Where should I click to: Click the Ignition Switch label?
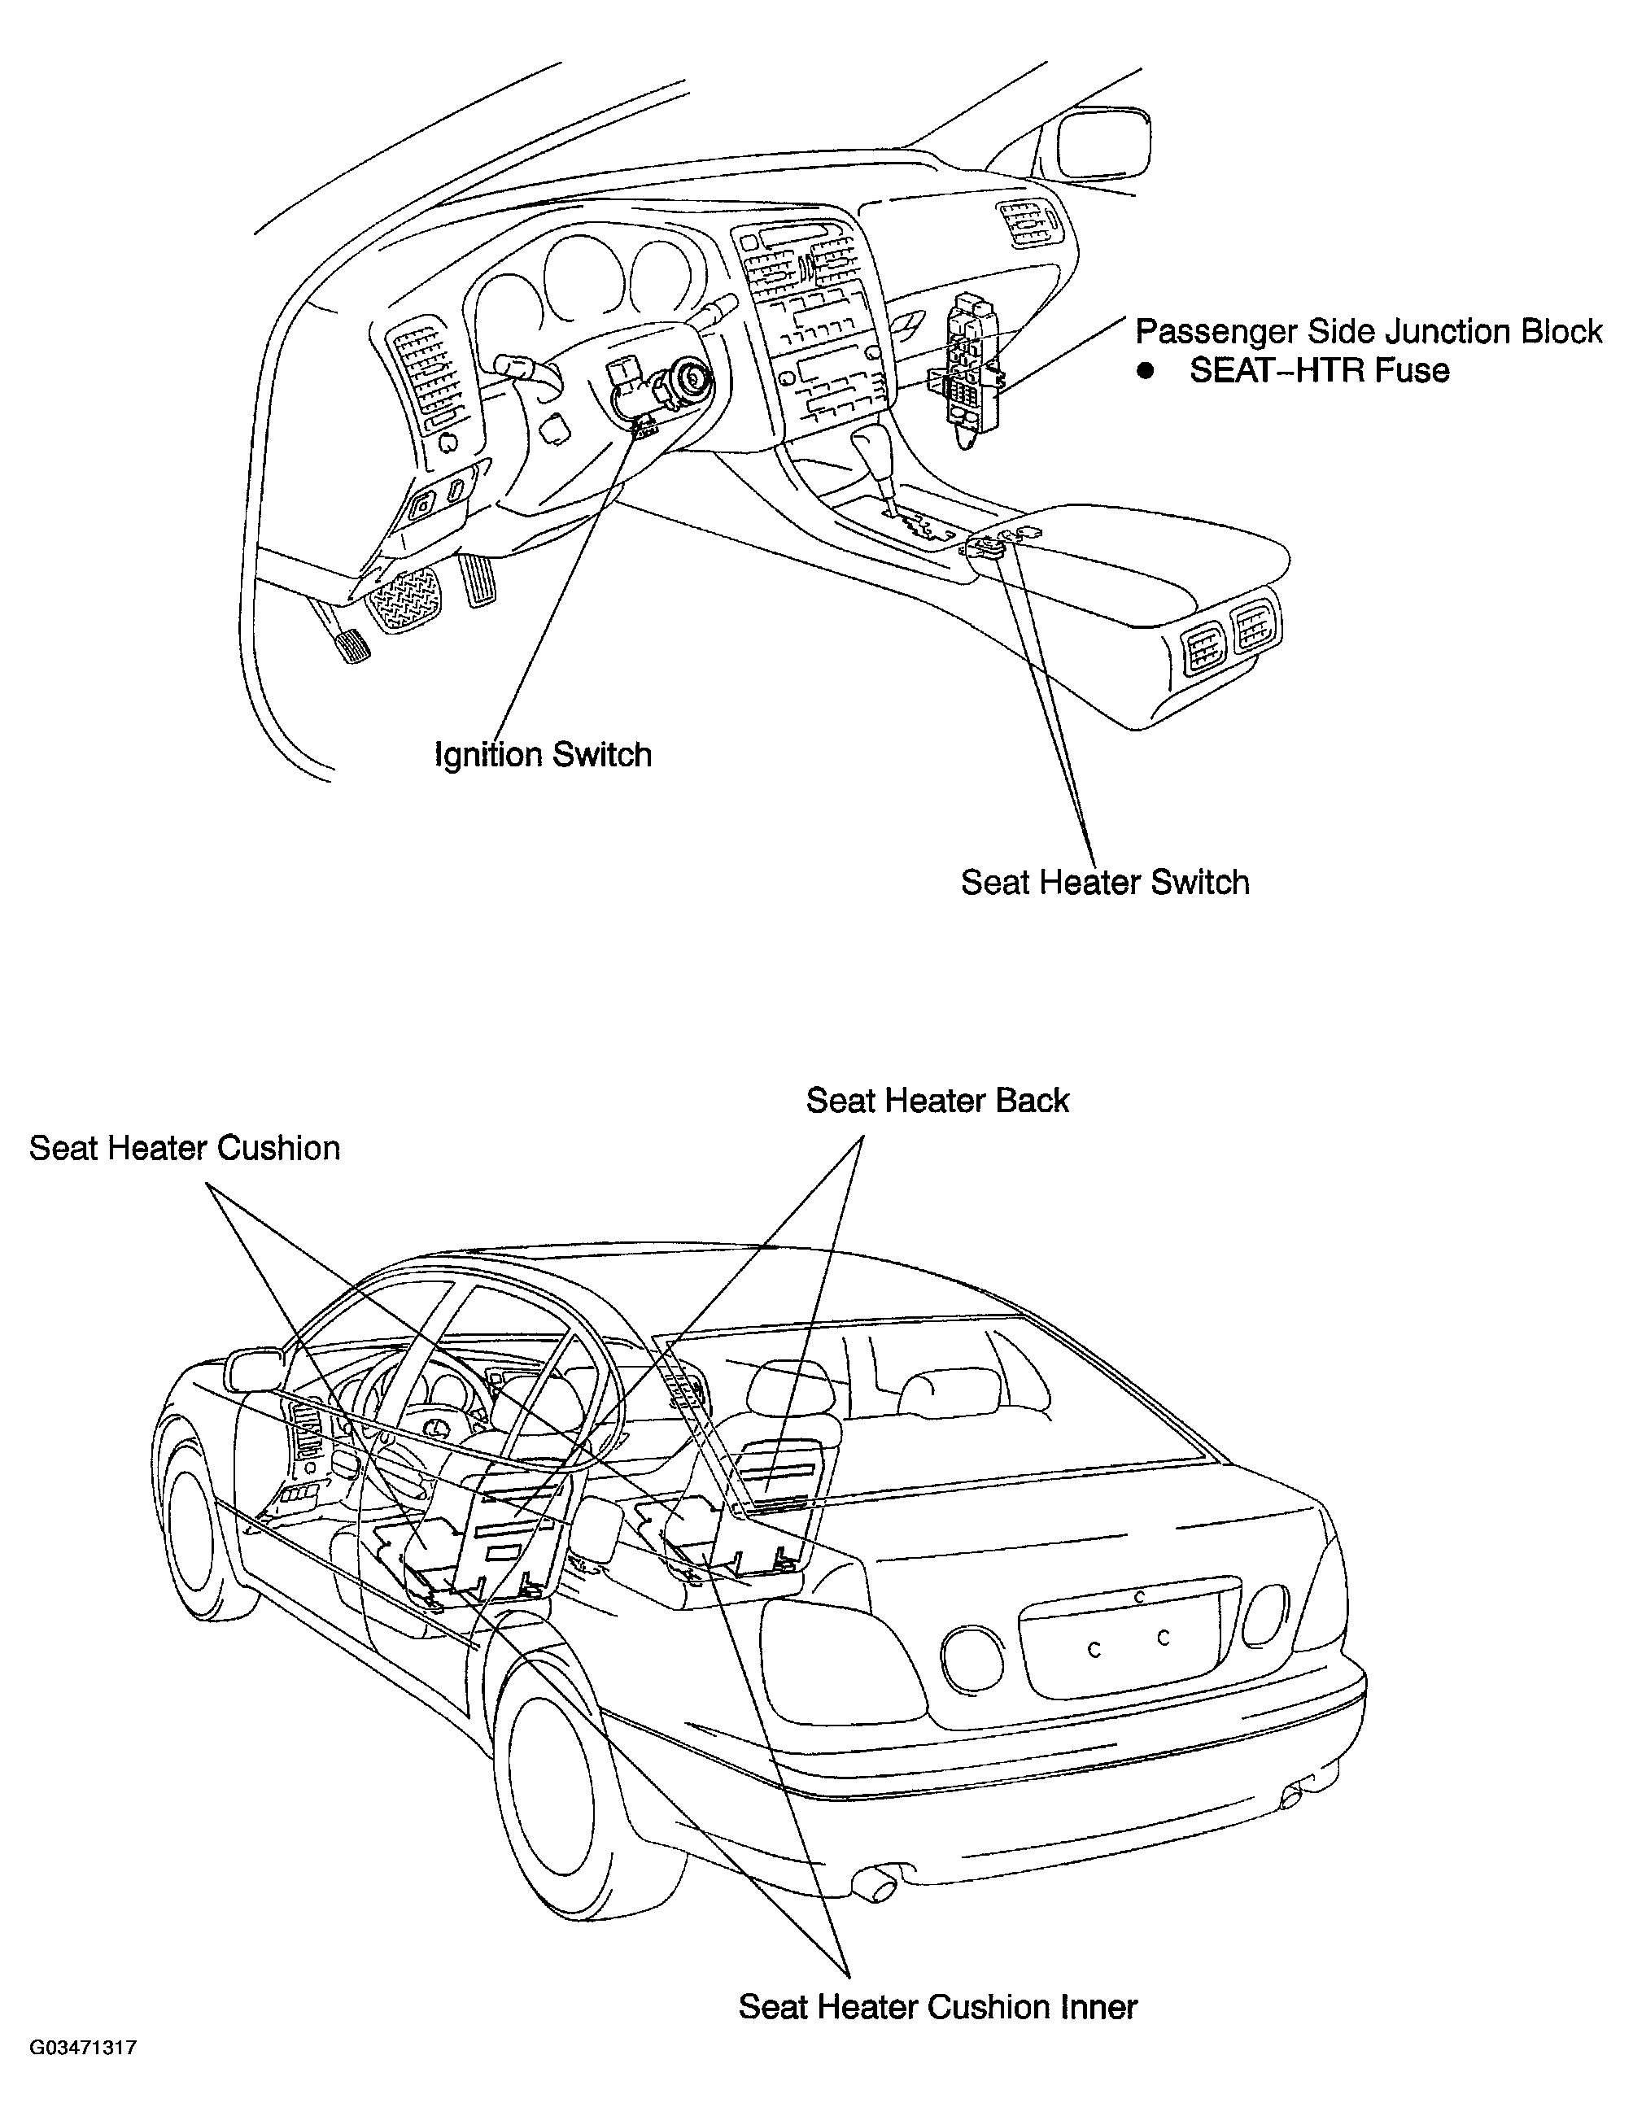[x=543, y=755]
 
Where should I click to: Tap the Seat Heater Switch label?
[x=1105, y=882]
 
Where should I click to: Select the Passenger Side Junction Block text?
[x=1369, y=331]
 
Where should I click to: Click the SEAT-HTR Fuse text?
[x=1319, y=370]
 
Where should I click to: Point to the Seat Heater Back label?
[x=937, y=1100]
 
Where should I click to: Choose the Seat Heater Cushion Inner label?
[x=937, y=2005]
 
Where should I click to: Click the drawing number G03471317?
[x=82, y=2075]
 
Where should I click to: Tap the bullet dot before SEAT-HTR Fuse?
[x=1147, y=371]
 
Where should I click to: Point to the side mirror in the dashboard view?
[x=1101, y=146]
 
